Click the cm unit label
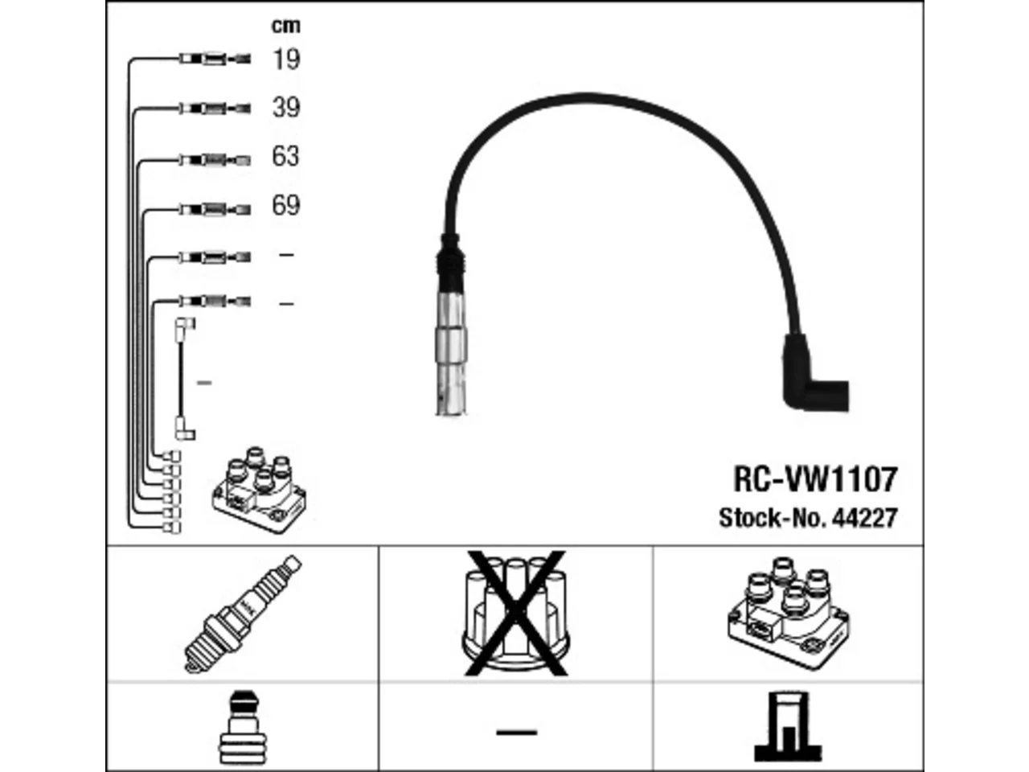[286, 26]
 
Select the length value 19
[286, 60]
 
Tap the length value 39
[286, 108]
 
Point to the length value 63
[285, 156]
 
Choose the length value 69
[286, 205]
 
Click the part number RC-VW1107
[815, 479]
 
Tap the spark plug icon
[243, 614]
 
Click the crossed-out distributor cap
[515, 614]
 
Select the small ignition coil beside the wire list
[259, 490]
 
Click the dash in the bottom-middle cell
[517, 732]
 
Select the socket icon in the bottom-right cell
[788, 726]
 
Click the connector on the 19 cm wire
[215, 59]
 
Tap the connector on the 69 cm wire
[215, 209]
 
